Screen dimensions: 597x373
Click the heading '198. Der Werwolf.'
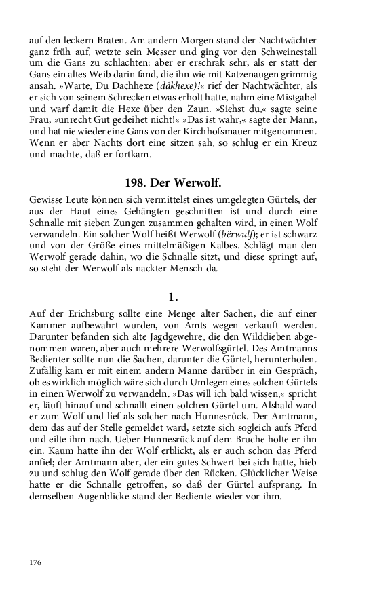[173, 183]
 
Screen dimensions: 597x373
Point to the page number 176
[37, 562]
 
